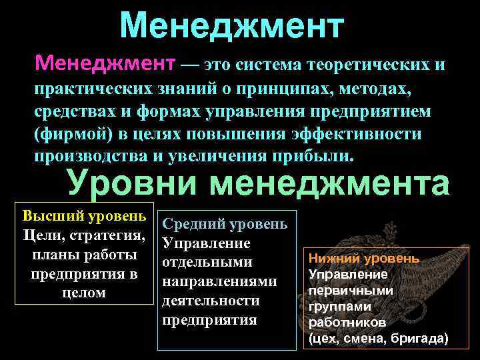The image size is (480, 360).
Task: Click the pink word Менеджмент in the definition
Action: point(105,65)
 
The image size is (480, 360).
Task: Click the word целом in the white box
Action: point(83,292)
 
